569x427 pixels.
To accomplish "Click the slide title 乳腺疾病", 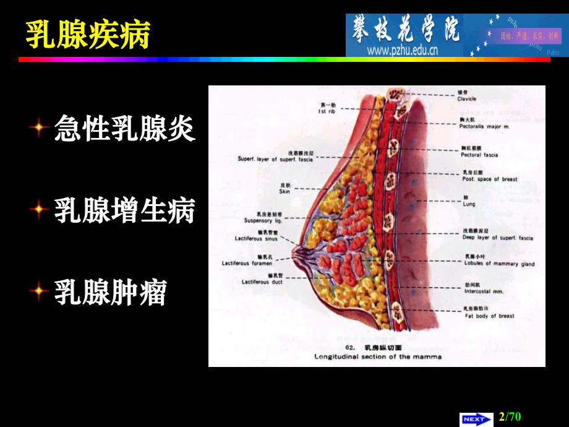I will pos(87,33).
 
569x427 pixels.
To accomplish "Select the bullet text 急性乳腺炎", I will pos(124,129).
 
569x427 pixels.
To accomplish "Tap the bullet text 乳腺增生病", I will pos(124,210).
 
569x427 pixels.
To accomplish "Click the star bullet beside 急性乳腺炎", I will pos(39,129).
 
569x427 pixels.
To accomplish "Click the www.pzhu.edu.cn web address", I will pos(402,50).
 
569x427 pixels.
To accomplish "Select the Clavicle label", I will pos(468,98).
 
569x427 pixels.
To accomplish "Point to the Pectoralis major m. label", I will pos(484,126).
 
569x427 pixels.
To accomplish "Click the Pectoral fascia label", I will pos(479,155).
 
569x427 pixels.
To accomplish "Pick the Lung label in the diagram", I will pos(469,203).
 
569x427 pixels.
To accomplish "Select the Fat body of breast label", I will pos(489,316).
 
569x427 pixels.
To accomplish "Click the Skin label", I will pos(284,192).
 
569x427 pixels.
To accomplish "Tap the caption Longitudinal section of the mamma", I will pos(378,356).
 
